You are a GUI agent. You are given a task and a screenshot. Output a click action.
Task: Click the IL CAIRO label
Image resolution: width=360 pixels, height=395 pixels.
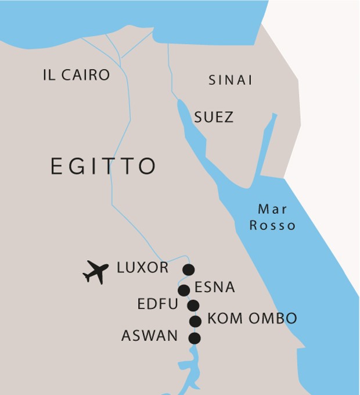point(76,75)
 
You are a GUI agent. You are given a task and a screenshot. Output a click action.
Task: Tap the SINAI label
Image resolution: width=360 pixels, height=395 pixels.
point(231,81)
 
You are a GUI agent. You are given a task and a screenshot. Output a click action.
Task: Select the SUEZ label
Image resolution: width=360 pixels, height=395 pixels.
point(214,117)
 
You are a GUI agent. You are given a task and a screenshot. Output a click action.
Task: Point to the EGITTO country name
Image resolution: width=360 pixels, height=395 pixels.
point(103,166)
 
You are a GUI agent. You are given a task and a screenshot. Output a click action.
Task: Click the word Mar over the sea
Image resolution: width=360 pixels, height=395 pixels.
point(272,209)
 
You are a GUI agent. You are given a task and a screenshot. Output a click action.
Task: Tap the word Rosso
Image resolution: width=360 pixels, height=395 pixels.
point(272,225)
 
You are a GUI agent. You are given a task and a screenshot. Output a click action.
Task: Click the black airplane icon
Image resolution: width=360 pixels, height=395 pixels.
point(96,271)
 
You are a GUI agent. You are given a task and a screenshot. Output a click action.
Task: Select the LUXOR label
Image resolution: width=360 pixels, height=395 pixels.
point(143,268)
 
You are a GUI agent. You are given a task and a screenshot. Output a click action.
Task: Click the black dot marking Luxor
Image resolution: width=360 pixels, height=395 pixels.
point(188,270)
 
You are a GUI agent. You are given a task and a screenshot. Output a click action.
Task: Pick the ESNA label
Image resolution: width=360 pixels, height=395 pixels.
point(215,287)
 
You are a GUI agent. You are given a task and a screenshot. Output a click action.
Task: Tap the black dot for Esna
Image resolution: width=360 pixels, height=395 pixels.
point(184,290)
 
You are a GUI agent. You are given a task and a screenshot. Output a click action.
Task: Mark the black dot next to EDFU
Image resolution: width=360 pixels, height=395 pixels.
point(193,306)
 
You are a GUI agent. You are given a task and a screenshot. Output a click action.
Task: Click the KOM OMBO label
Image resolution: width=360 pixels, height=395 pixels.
point(252,319)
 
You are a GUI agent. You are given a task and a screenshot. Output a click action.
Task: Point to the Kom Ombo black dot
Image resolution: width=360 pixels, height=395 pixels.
point(196,321)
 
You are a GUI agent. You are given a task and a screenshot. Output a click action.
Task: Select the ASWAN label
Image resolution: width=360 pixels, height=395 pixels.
point(150,336)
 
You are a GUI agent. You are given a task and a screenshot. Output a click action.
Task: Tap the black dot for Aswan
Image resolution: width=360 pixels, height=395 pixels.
point(195,338)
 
